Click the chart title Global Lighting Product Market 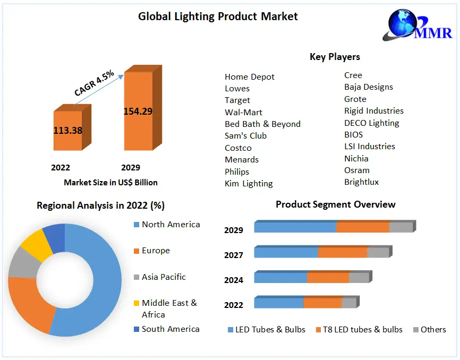click(218, 16)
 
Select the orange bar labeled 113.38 click(67, 130)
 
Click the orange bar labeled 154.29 click(138, 112)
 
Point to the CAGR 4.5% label click(94, 84)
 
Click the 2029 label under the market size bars click(131, 168)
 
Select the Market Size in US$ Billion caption click(110, 182)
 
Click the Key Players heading click(335, 57)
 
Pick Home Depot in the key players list click(250, 77)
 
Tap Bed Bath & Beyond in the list click(262, 124)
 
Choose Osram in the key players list click(357, 170)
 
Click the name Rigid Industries click(374, 111)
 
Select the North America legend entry click(170, 225)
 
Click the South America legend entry click(170, 329)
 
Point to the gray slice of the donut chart click(21, 262)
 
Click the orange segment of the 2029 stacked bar click(363, 227)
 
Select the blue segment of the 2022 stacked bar click(279, 303)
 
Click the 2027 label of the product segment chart click(234, 255)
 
